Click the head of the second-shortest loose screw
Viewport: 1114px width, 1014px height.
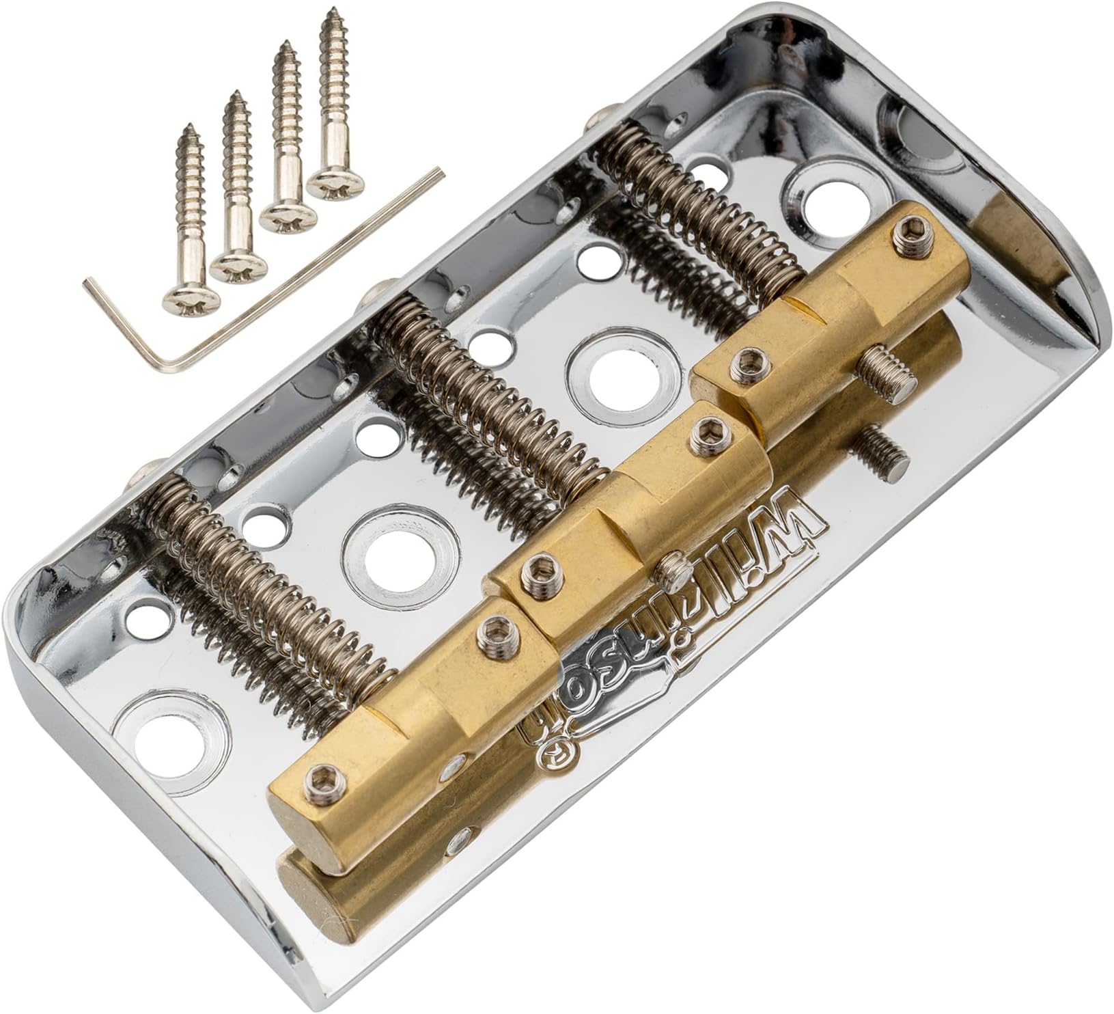coord(232,264)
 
